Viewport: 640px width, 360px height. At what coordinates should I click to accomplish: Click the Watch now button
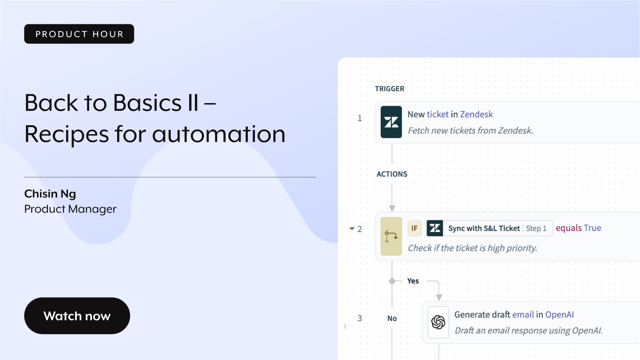click(77, 316)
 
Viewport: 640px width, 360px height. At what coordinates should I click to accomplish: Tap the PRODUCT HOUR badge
click(79, 34)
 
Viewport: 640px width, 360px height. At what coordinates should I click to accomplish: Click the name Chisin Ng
click(50, 194)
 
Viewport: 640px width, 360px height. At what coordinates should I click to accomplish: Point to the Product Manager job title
click(70, 209)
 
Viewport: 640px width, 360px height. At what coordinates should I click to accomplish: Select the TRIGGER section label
click(390, 89)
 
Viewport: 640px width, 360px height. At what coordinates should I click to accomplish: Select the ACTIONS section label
click(392, 174)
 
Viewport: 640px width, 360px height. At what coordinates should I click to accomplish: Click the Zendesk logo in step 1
click(391, 122)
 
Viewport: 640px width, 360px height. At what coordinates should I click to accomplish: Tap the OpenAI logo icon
click(438, 322)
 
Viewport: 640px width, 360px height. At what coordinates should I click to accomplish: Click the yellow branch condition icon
click(391, 236)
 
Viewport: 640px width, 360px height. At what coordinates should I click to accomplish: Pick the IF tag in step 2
click(414, 229)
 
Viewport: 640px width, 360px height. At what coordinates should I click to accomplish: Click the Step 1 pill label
click(536, 229)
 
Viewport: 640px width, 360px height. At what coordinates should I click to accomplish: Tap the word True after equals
click(592, 228)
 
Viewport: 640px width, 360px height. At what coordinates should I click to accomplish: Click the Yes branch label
click(413, 281)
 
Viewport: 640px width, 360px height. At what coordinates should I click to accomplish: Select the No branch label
click(392, 318)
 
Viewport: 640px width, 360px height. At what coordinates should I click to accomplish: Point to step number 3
click(360, 318)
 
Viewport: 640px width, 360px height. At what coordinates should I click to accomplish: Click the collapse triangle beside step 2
click(352, 229)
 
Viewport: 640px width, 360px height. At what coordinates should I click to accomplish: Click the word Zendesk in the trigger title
click(476, 114)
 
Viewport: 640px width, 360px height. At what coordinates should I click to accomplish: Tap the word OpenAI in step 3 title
click(559, 314)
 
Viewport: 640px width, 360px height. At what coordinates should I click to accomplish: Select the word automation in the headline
click(219, 134)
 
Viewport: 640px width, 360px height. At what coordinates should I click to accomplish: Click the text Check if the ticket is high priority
click(472, 248)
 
